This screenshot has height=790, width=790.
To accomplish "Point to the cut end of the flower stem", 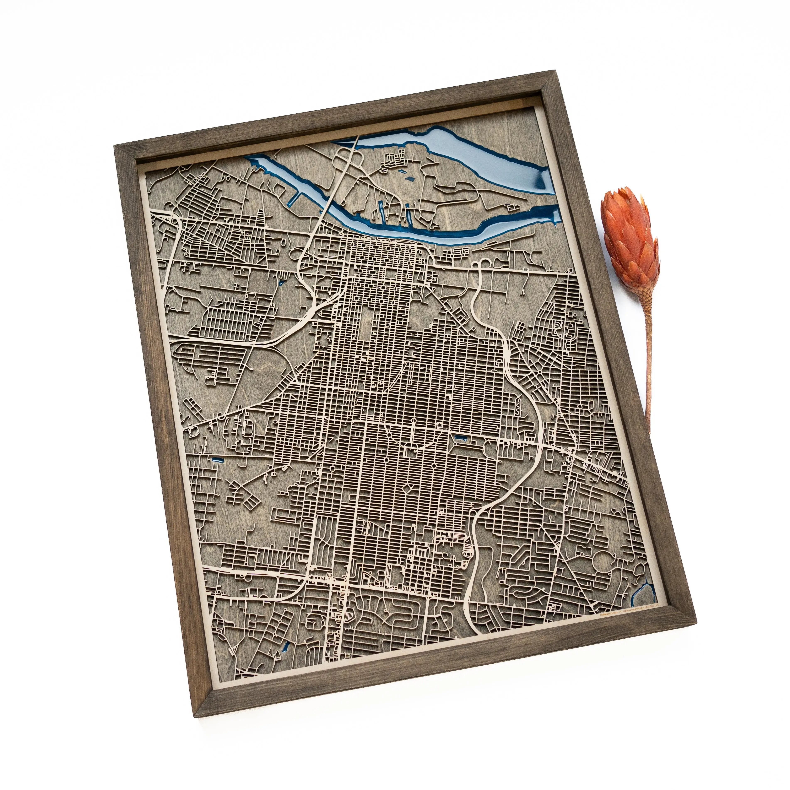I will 650,433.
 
